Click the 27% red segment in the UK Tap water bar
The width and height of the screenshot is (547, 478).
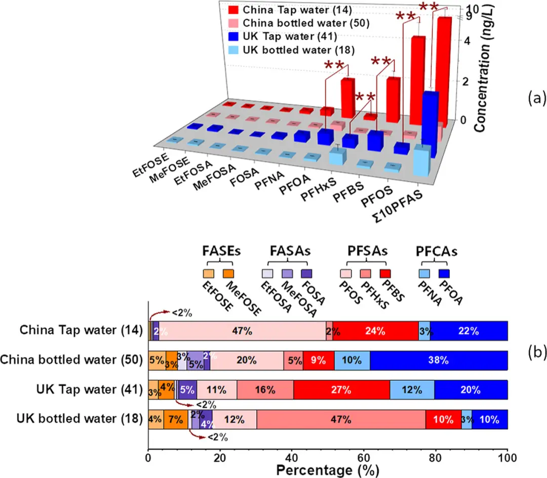[x=341, y=390]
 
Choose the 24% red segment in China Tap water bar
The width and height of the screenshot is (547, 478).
[x=375, y=331]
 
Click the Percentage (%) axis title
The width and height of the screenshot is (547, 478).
[x=327, y=470]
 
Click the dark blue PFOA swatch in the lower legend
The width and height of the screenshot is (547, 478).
[x=447, y=273]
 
